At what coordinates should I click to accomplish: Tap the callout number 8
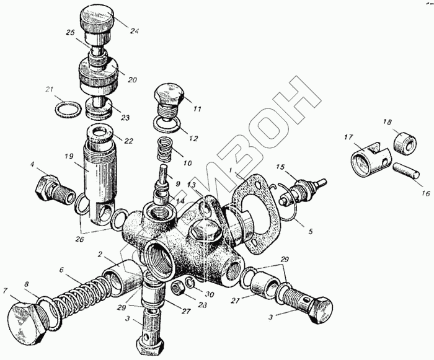point(26,286)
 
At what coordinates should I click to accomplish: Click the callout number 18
point(387,122)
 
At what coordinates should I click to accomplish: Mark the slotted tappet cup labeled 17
point(367,160)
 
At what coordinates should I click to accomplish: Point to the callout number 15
point(280,167)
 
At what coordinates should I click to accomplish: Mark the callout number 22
point(129,141)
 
